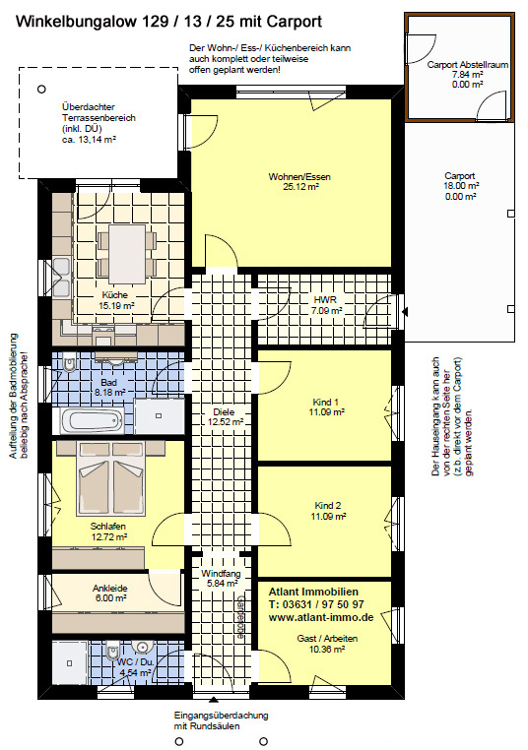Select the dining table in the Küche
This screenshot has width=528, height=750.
click(127, 254)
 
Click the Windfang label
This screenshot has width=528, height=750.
click(221, 573)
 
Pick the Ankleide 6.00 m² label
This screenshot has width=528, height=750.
click(110, 594)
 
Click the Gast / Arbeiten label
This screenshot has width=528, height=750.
click(327, 639)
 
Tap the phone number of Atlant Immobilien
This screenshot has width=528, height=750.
click(316, 604)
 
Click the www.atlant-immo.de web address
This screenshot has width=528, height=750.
click(321, 617)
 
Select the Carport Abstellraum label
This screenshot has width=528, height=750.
click(468, 65)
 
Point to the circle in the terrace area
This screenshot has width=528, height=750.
click(41, 89)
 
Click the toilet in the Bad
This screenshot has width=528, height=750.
click(70, 364)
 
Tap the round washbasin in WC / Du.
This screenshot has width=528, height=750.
click(142, 648)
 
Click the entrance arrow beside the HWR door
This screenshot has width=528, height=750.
click(405, 312)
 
